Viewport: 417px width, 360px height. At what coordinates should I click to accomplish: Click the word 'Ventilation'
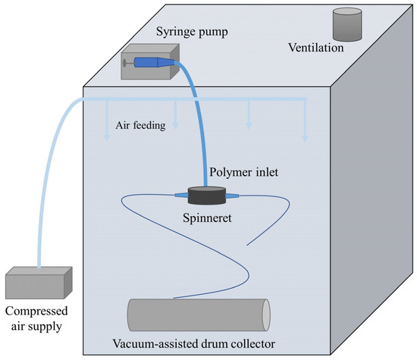[316, 48]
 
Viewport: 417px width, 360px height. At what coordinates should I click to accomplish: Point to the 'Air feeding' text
[141, 127]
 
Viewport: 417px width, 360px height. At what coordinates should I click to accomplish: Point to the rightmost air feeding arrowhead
[306, 139]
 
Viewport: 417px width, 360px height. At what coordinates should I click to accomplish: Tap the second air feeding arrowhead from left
[176, 125]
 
